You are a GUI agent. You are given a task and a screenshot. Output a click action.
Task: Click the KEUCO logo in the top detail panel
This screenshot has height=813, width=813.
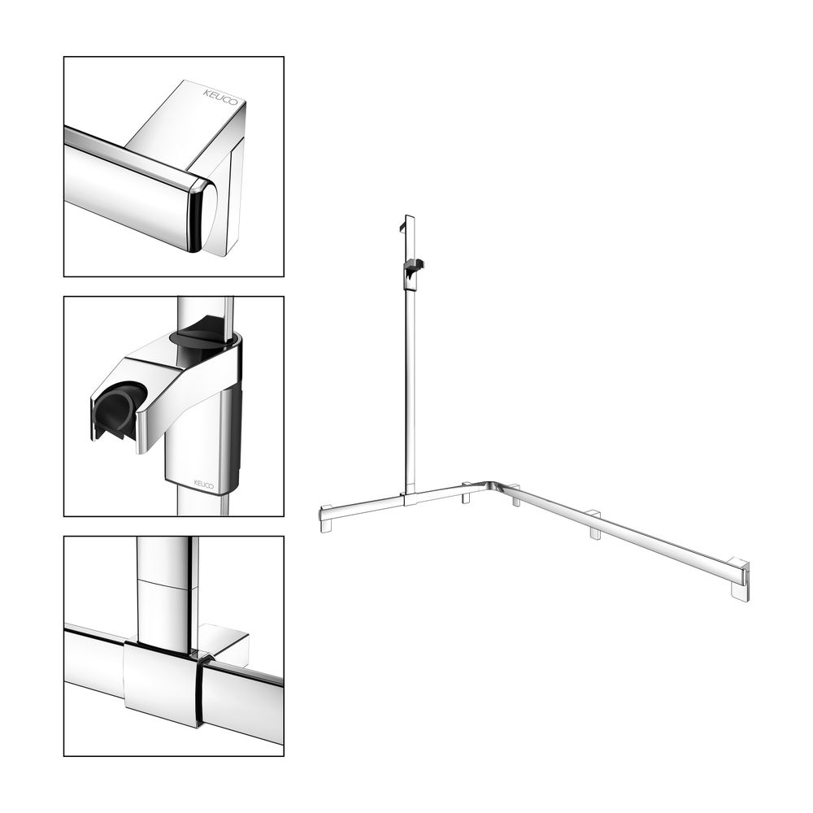(221, 97)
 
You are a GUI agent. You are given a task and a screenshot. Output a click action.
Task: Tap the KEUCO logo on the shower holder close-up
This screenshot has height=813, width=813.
(204, 485)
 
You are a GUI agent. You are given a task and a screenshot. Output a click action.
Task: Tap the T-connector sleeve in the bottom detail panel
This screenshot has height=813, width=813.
(161, 682)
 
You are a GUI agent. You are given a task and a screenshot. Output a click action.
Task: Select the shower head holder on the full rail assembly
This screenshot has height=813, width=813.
(413, 271)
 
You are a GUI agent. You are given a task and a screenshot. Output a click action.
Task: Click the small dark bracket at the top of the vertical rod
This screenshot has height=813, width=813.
(403, 227)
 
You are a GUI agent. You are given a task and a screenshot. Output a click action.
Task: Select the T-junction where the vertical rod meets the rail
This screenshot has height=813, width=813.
(410, 498)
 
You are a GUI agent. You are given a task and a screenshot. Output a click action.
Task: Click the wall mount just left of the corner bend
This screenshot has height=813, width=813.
(467, 493)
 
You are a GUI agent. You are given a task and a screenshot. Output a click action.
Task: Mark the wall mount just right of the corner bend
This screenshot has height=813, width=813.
(515, 495)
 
